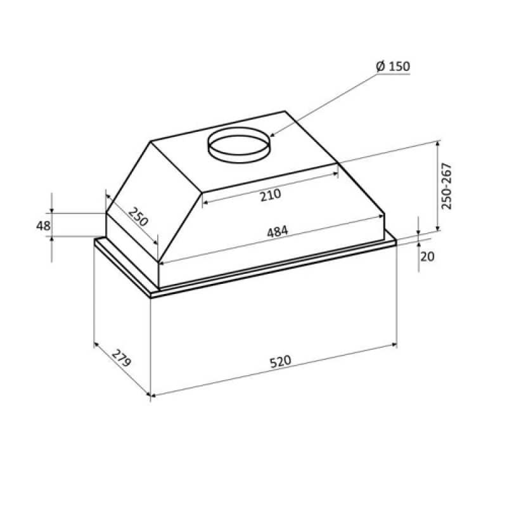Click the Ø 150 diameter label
click(393, 67)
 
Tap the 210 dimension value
click(271, 195)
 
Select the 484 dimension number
click(277, 232)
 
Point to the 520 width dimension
click(281, 362)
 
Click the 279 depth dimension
click(121, 359)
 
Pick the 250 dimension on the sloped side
click(138, 217)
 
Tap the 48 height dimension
click(43, 226)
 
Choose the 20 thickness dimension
click(427, 257)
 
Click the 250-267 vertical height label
click(447, 186)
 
